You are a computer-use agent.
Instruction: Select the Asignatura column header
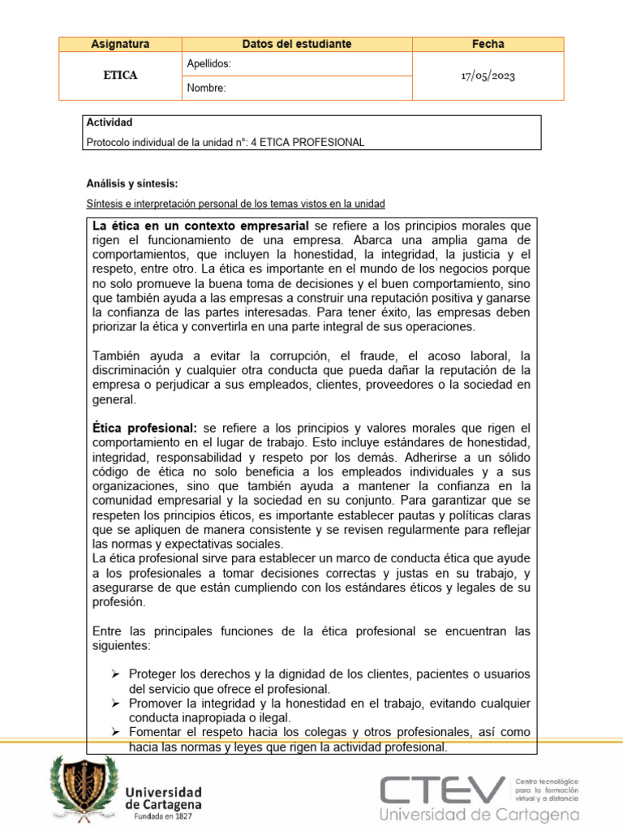[x=120, y=45]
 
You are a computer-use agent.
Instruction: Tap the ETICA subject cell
[x=120, y=75]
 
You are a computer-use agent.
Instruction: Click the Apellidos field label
[x=208, y=63]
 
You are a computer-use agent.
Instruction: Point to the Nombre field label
[x=206, y=88]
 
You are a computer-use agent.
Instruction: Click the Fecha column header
[x=488, y=45]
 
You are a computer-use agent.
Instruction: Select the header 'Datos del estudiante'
[x=297, y=45]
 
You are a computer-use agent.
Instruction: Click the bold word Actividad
[x=109, y=123]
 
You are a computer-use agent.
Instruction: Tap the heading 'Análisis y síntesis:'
[x=131, y=183]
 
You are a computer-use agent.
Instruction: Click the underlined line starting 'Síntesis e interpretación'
[x=235, y=203]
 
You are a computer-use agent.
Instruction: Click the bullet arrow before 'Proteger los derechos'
[x=116, y=675]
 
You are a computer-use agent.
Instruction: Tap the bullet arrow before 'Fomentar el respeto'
[x=116, y=733]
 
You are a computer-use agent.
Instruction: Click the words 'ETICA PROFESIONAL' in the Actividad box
[x=314, y=142]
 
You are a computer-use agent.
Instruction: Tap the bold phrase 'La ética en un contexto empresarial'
[x=200, y=225]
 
